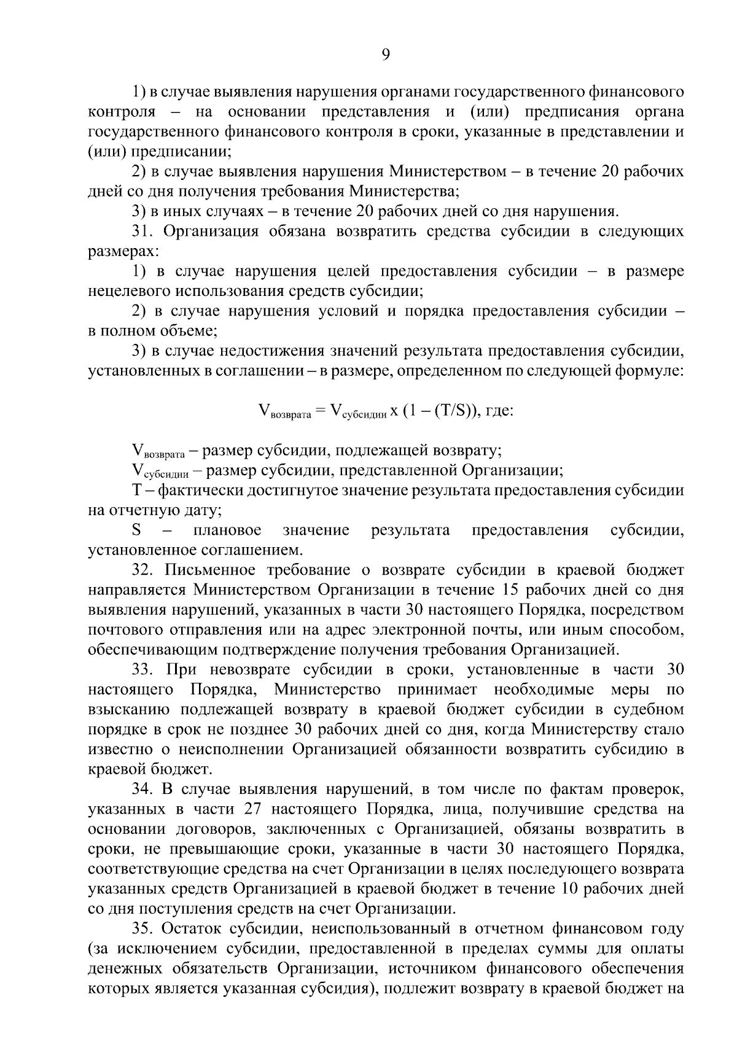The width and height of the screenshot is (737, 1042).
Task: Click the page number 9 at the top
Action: [x=385, y=55]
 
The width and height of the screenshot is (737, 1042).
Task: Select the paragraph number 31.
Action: [x=143, y=231]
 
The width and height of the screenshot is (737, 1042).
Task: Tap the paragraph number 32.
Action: [x=143, y=569]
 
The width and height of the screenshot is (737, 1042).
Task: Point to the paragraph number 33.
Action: [x=143, y=669]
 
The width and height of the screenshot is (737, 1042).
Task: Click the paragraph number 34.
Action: [x=143, y=788]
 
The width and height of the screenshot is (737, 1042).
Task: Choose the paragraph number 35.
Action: [x=143, y=928]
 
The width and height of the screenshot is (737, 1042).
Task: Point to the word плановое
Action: [x=227, y=530]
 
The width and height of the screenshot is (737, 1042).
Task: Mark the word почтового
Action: [x=127, y=629]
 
